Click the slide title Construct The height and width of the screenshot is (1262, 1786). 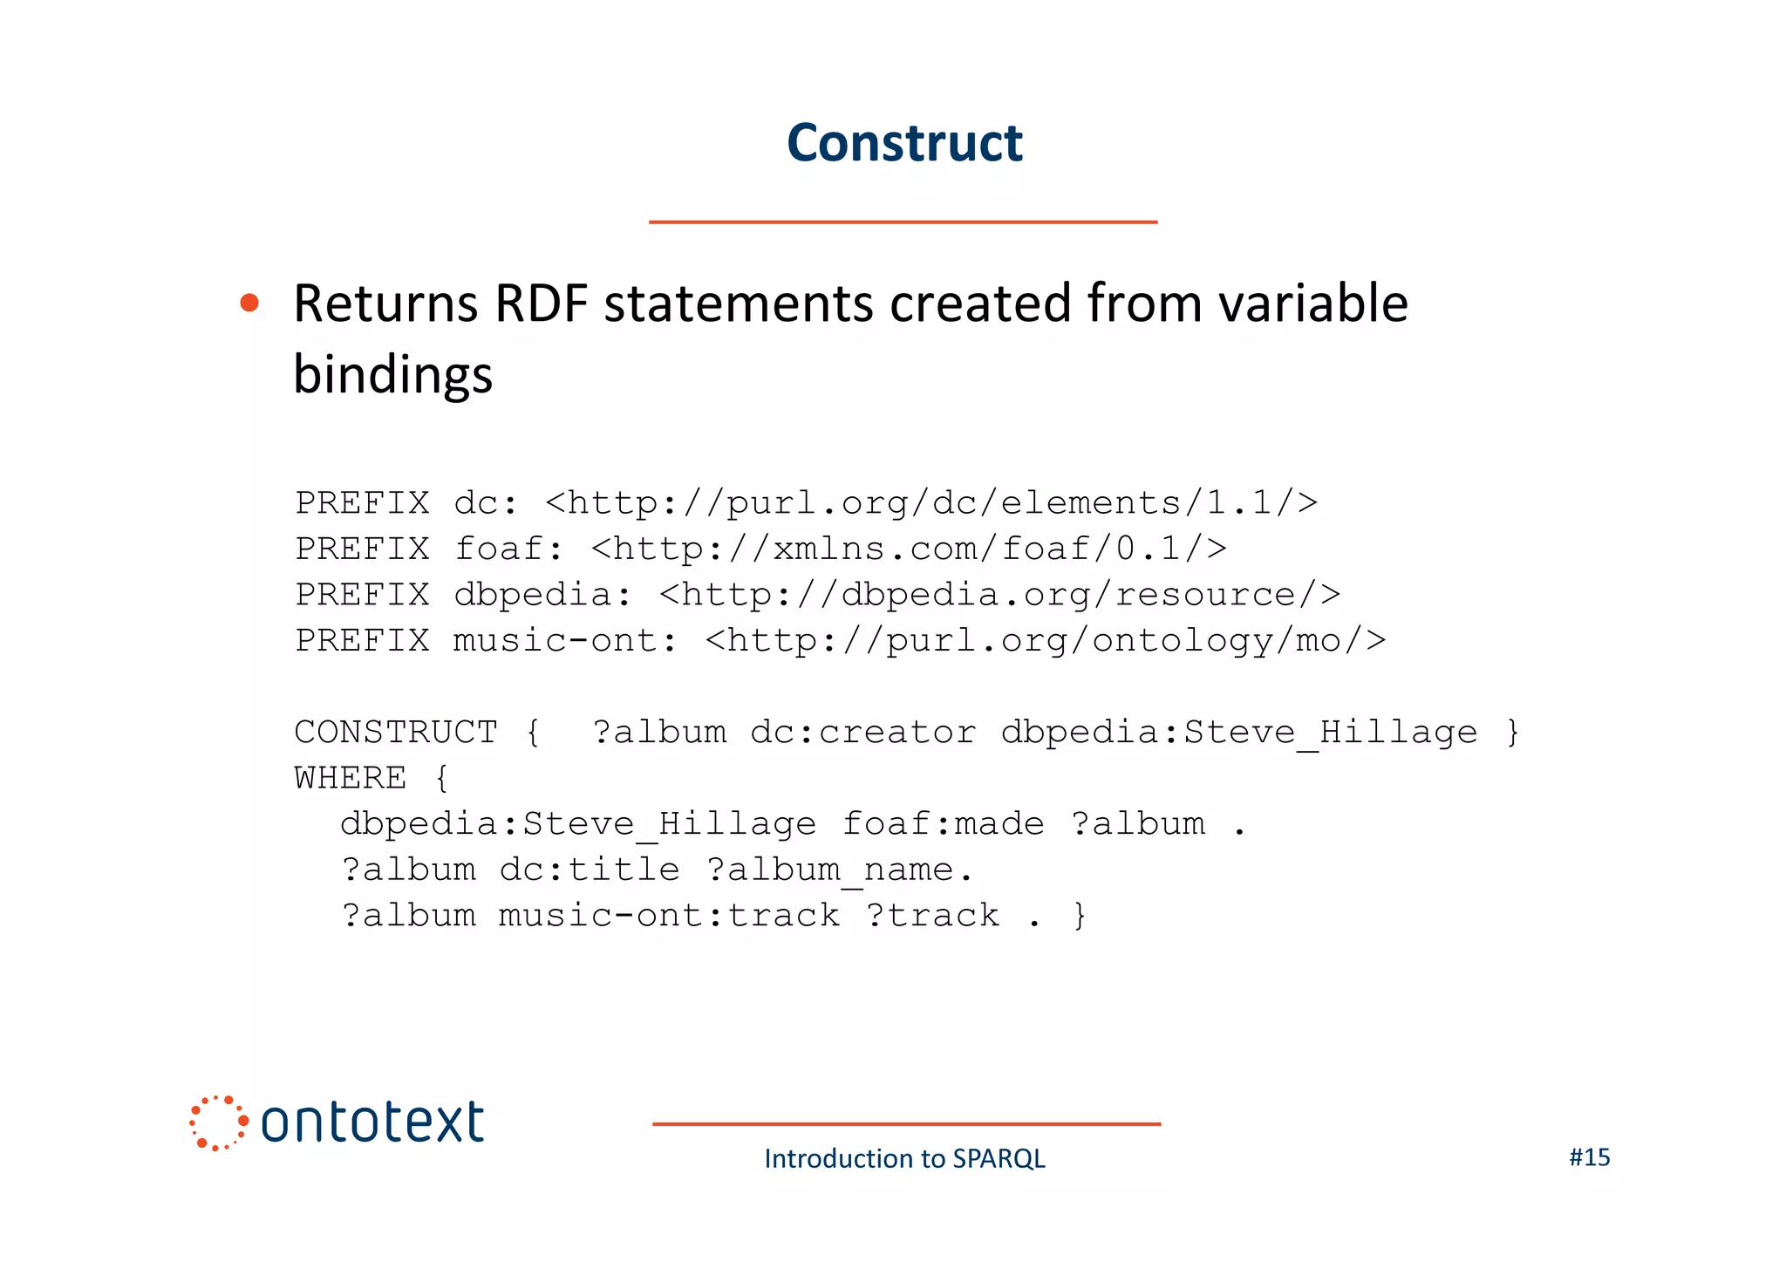coord(904,143)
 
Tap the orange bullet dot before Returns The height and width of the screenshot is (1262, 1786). coord(249,303)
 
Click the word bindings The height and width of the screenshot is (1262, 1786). coord(392,375)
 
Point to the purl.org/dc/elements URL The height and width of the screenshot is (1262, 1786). coord(931,503)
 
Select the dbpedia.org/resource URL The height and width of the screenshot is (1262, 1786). coord(999,595)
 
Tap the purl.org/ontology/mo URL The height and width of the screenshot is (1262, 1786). coord(1045,641)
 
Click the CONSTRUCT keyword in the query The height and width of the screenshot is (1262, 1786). coord(395,733)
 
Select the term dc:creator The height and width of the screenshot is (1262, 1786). coord(862,733)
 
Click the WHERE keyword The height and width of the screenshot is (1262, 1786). coord(350,778)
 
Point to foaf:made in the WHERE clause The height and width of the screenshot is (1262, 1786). coord(943,824)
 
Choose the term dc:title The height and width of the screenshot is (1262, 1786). coord(589,870)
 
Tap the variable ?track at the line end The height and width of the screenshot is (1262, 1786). coord(932,916)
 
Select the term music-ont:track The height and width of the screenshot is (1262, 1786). coord(669,916)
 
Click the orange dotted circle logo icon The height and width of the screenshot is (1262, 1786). coord(218,1122)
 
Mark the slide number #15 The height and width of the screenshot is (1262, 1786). coord(1589,1157)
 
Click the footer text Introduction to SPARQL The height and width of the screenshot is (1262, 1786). coord(904,1158)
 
